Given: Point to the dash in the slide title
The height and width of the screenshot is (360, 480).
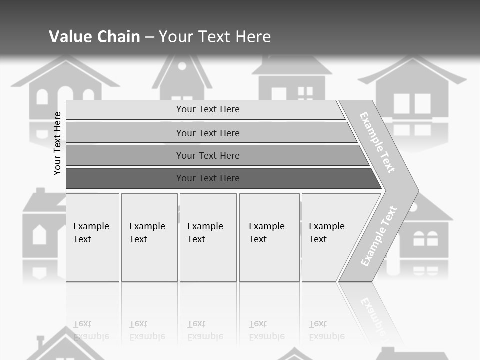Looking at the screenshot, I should (149, 37).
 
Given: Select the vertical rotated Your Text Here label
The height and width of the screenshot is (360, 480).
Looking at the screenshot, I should (58, 143).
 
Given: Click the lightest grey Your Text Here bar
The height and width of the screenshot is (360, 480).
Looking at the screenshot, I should (207, 109).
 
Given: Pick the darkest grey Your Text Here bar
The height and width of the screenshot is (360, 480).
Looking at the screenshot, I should (207, 178).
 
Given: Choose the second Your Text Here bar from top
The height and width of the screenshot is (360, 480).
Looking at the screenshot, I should (207, 133).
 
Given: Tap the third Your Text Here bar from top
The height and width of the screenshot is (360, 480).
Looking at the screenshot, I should (207, 155).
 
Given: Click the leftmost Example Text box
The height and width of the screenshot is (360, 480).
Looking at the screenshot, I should (92, 237).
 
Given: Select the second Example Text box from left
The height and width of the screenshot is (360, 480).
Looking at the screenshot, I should (149, 237).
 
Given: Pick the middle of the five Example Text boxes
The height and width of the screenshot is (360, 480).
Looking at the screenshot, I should (208, 237).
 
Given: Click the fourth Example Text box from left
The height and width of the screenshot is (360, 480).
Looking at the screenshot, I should (269, 237).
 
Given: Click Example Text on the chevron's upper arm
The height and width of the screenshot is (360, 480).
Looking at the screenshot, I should (377, 142).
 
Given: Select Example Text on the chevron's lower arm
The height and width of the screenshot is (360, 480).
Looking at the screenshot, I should (379, 236).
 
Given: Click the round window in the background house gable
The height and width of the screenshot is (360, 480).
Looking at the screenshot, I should (182, 66).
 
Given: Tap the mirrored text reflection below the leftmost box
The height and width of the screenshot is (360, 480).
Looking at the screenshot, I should (91, 330).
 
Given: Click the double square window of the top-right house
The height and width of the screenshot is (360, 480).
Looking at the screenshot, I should (412, 104).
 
